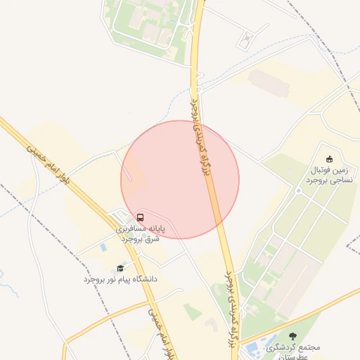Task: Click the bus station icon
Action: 141,217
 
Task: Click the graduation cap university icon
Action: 120,268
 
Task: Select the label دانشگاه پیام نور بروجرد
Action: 121,279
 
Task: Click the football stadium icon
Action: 329,159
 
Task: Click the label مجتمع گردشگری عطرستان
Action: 294,351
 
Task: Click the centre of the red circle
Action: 180,179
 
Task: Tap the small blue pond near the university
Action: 103,247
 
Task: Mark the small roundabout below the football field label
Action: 298,191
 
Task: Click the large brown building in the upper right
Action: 269,82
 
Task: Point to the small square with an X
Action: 244,41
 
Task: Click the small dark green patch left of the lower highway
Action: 192,311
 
